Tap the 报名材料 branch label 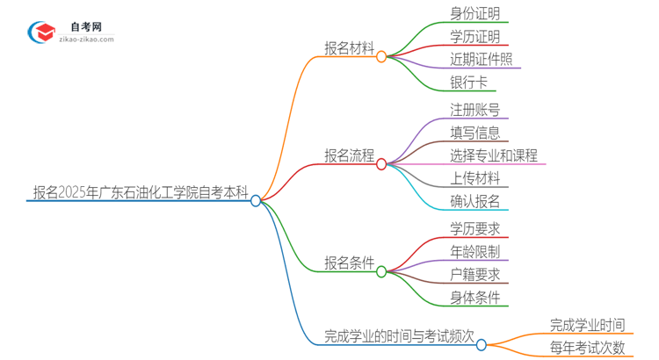click(349, 47)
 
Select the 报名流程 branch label click(349, 155)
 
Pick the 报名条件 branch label click(349, 263)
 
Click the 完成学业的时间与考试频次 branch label click(399, 335)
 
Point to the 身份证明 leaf click(474, 14)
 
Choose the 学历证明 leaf click(474, 37)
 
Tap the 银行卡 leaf click(467, 83)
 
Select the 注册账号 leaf click(474, 110)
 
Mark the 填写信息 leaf click(474, 133)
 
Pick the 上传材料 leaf click(474, 178)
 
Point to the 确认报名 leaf click(474, 201)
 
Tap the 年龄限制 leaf click(474, 251)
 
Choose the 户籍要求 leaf click(474, 274)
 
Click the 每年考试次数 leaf click(587, 347)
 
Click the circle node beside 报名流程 click(381, 163)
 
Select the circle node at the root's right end click(256, 200)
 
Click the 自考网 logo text click(85, 26)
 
